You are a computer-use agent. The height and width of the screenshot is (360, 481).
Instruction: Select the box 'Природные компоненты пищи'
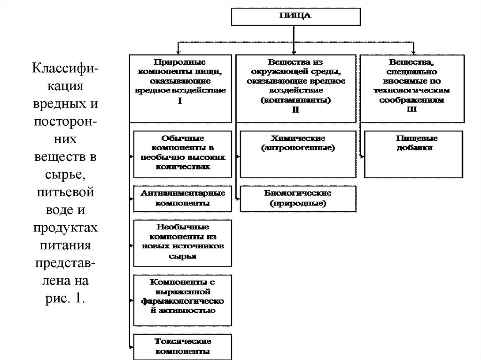click(180, 88)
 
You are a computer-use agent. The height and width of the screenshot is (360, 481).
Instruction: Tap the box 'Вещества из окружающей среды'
click(295, 88)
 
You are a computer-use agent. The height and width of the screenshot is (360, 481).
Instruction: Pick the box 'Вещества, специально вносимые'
click(413, 88)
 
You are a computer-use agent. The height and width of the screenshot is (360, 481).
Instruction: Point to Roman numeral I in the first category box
click(180, 101)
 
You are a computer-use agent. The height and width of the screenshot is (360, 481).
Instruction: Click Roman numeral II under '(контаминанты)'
click(295, 109)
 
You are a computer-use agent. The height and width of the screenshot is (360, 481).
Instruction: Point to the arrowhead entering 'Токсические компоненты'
click(131, 346)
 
